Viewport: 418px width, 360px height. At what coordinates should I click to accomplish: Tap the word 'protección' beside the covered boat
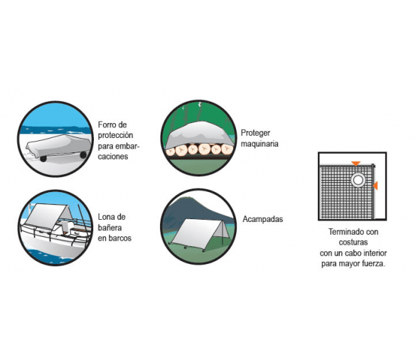pyautogui.click(x=115, y=135)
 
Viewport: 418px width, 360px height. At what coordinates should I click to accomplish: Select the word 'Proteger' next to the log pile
pyautogui.click(x=255, y=133)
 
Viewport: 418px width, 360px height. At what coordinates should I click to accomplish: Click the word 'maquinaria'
pyautogui.click(x=259, y=144)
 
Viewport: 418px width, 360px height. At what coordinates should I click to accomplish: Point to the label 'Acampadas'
pyautogui.click(x=262, y=219)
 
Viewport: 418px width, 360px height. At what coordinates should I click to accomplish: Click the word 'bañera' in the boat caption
pyautogui.click(x=109, y=228)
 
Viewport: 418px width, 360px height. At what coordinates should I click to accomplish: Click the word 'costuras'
pyautogui.click(x=353, y=243)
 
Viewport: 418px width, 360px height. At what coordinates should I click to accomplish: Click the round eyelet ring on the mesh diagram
pyautogui.click(x=358, y=180)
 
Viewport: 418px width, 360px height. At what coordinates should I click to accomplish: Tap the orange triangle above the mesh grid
pyautogui.click(x=355, y=164)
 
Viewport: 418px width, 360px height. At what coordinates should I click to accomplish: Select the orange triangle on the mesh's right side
pyautogui.click(x=375, y=186)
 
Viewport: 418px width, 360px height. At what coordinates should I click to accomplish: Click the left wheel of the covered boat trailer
pyautogui.click(x=43, y=159)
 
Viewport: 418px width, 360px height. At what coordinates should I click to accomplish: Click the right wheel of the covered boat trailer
pyautogui.click(x=83, y=155)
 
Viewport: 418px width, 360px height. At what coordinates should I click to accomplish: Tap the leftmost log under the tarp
pyautogui.click(x=170, y=152)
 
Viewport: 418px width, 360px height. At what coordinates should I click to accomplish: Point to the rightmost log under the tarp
pyautogui.click(x=227, y=149)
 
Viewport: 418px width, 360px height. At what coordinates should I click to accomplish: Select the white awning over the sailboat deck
pyautogui.click(x=48, y=216)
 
